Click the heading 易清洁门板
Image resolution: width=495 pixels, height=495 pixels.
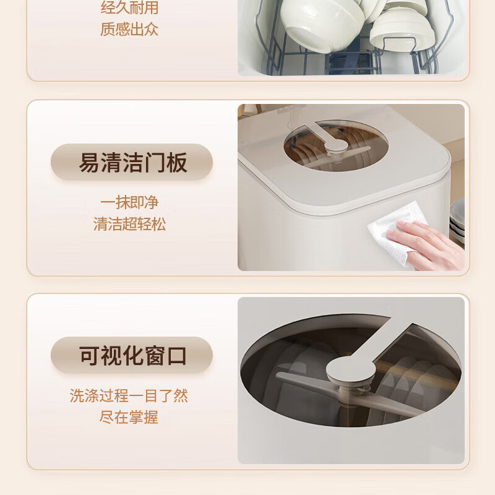[x=133, y=163]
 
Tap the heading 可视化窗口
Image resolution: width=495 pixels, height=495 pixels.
[x=133, y=356]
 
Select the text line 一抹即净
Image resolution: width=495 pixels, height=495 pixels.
[x=129, y=202]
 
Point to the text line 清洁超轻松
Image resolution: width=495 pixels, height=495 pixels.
[x=129, y=224]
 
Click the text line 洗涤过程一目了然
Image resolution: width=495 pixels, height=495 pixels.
[x=129, y=395]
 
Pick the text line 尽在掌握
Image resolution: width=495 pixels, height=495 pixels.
[x=129, y=417]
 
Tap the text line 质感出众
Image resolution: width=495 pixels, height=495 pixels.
[x=129, y=29]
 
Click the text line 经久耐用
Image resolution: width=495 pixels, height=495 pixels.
[x=129, y=7]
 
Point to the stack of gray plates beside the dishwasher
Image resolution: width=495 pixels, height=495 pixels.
[x=457, y=221]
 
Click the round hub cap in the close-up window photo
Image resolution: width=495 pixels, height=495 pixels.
[x=351, y=369]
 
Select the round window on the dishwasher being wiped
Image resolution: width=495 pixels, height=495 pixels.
[x=335, y=145]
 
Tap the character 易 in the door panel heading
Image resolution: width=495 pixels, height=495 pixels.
[x=89, y=163]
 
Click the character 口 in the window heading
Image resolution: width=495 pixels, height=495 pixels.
[x=177, y=356]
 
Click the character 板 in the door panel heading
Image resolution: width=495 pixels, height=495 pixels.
[x=177, y=163]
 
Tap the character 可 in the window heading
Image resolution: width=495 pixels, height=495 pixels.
[x=89, y=356]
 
